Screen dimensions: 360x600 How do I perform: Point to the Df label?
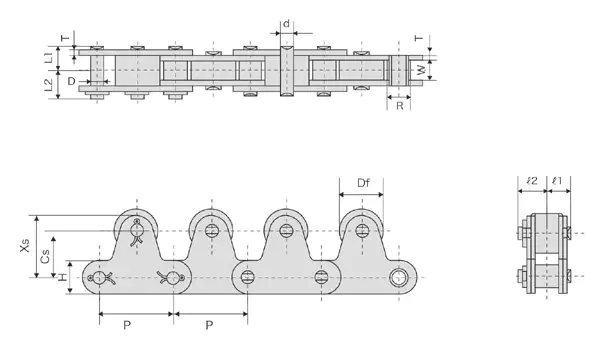click(x=364, y=183)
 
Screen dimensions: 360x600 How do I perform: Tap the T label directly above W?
click(x=420, y=40)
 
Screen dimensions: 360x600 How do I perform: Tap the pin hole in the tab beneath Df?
click(x=360, y=231)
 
